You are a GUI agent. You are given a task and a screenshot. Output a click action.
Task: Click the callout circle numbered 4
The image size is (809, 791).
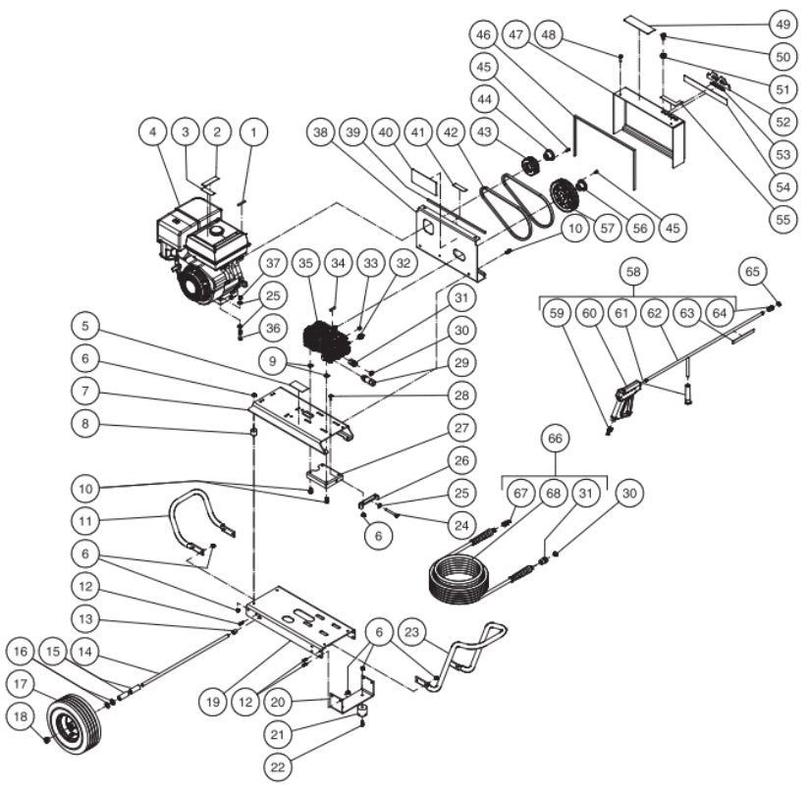(152, 130)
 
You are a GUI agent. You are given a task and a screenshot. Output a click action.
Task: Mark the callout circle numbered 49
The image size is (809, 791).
(782, 24)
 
